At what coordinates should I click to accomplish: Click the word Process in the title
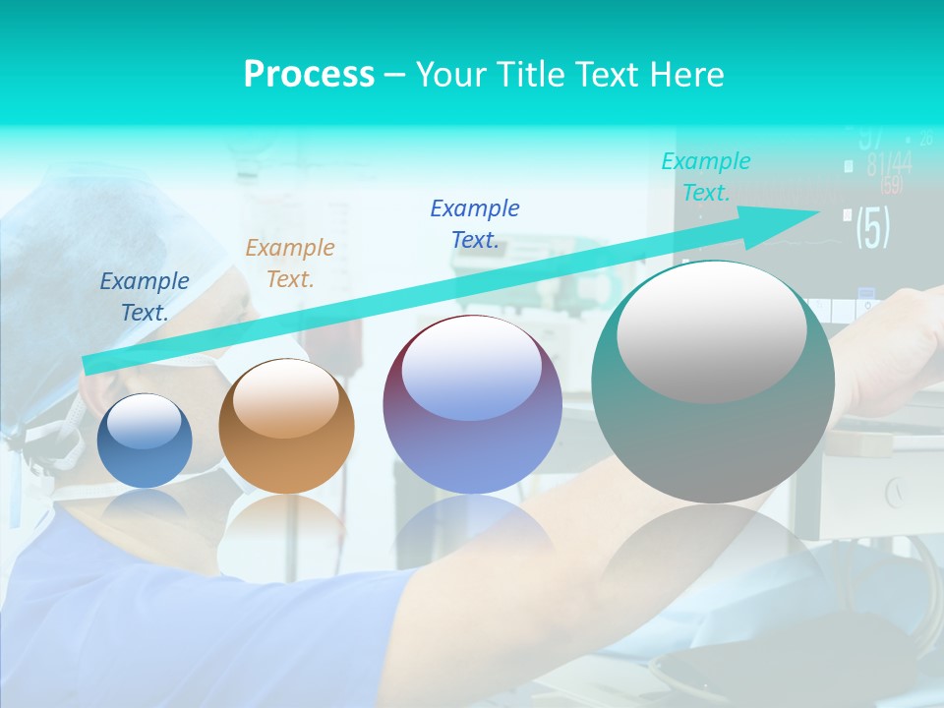tap(309, 75)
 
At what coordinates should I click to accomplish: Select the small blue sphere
tap(145, 442)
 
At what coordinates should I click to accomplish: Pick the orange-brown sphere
tap(286, 427)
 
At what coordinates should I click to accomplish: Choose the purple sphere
tap(472, 405)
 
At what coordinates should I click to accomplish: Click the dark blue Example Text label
tap(145, 297)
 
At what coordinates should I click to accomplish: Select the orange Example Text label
tap(290, 264)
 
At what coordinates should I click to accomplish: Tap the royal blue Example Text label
tap(475, 224)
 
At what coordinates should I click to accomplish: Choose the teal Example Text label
tap(706, 177)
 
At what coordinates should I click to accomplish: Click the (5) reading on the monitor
tap(872, 227)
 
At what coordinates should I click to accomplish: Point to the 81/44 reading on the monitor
tap(889, 164)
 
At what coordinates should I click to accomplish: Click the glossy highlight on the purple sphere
tap(471, 369)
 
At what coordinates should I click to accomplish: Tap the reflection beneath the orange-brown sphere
tap(286, 531)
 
